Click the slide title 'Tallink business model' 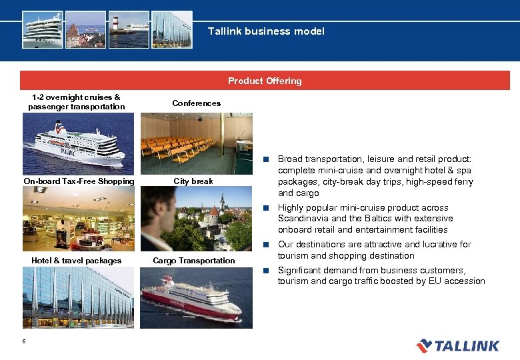tap(266, 31)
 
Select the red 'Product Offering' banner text tap(265, 81)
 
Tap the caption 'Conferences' tap(196, 103)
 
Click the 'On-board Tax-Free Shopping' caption tap(79, 181)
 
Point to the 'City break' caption tap(193, 181)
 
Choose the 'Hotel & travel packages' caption tap(76, 261)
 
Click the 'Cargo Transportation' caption tap(194, 261)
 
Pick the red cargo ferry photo tap(196, 297)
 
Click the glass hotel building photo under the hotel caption tap(79, 297)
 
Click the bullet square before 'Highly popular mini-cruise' tap(265, 207)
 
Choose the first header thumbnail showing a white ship tap(43, 29)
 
